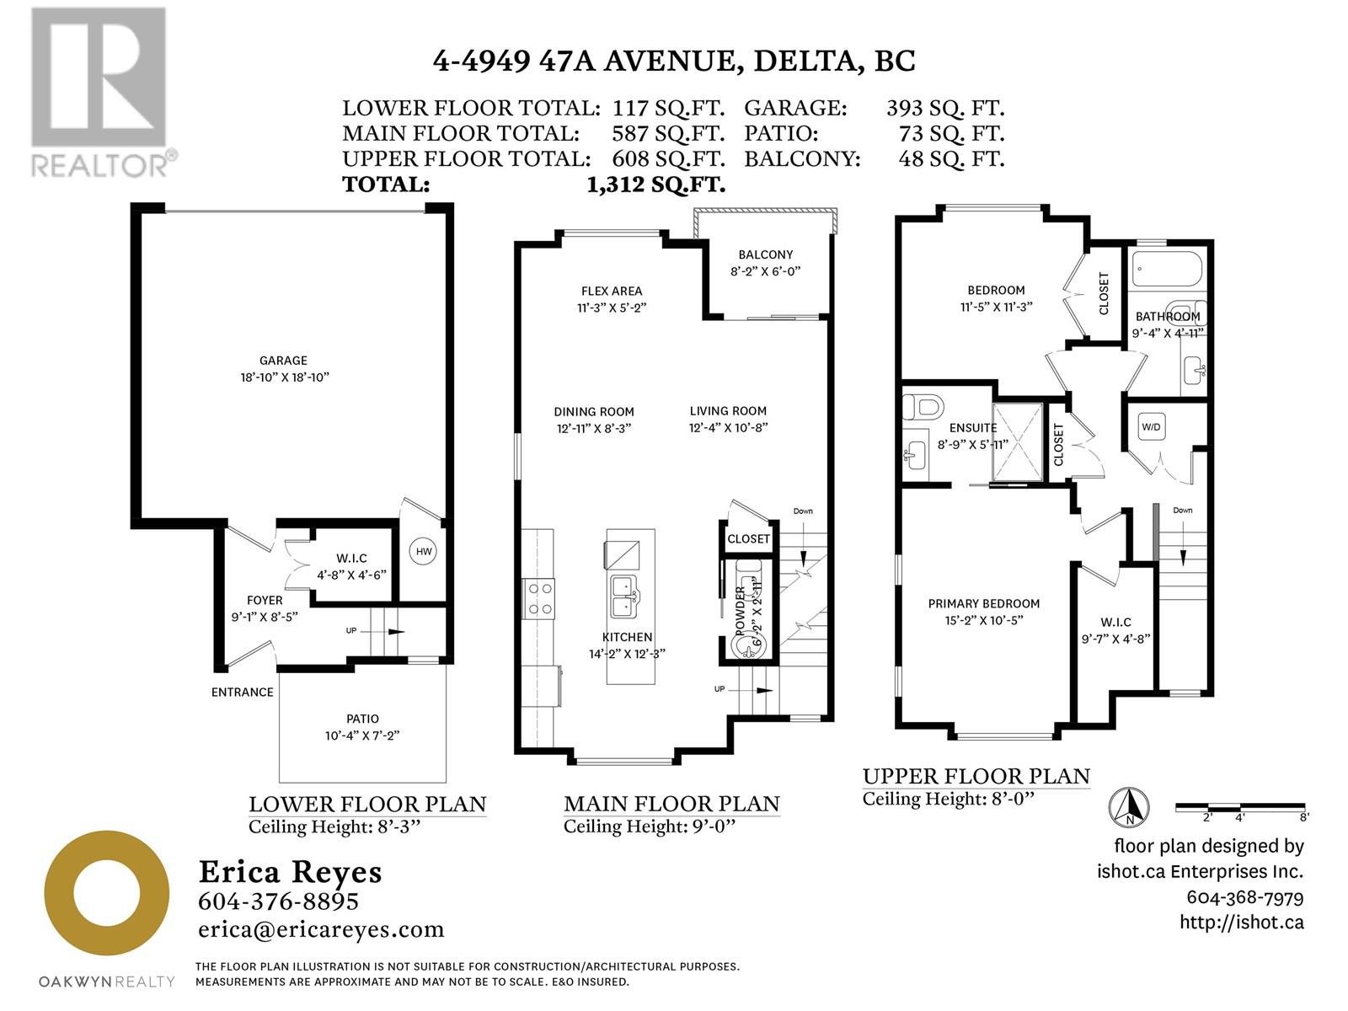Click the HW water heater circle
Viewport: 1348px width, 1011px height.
[x=424, y=551]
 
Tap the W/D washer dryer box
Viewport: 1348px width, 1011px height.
[x=1151, y=427]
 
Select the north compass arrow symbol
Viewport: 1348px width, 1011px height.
[x=1129, y=806]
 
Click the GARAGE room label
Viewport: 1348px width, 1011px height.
[x=283, y=361]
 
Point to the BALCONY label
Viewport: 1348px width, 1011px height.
[x=765, y=254]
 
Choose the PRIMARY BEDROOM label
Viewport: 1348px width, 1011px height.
[x=983, y=603]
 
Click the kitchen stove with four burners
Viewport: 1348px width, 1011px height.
[x=538, y=598]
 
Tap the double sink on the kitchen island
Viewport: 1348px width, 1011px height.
[x=625, y=596]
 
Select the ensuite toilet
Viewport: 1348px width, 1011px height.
[x=922, y=406]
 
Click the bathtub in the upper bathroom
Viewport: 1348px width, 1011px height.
[x=1167, y=268]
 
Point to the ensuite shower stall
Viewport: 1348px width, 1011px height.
[x=1018, y=441]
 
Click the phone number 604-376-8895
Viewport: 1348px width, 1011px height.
[x=278, y=901]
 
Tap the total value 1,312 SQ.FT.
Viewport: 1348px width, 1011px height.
[x=655, y=185]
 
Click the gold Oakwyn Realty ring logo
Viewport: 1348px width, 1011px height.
[x=106, y=892]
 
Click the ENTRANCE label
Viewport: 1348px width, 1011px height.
[x=242, y=692]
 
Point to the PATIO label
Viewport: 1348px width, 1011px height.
[x=362, y=718]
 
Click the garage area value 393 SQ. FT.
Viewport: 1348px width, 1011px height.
[x=944, y=108]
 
